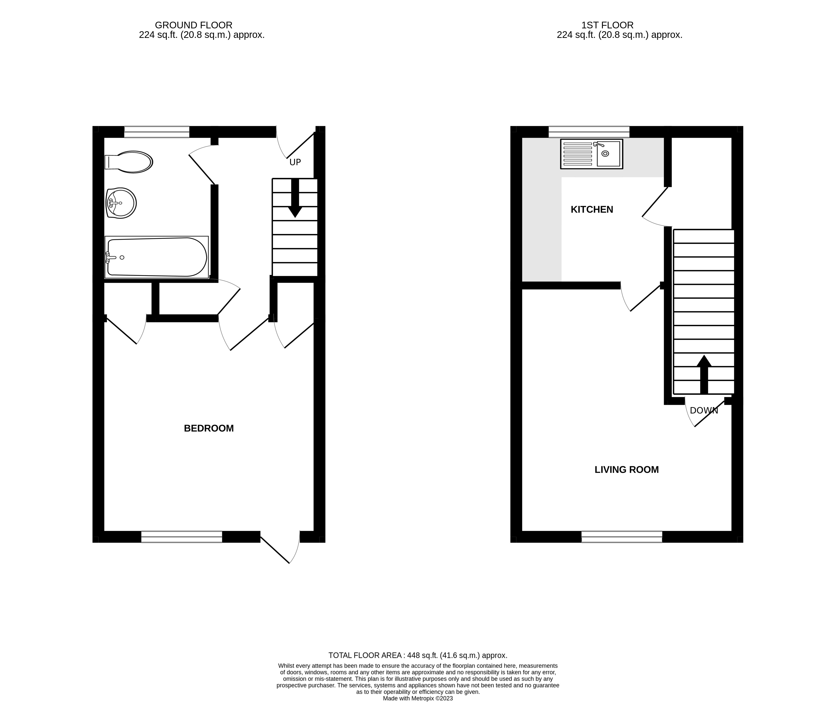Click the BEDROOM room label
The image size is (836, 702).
209,428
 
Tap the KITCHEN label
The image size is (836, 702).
592,210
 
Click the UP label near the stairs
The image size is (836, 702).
295,162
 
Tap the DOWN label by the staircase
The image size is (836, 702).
704,410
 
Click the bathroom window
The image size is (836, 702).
157,132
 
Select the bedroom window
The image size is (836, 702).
182,537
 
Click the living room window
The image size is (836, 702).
622,537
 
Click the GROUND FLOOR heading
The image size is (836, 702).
194,25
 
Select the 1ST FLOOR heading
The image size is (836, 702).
607,25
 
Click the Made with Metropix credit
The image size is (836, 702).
418,698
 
